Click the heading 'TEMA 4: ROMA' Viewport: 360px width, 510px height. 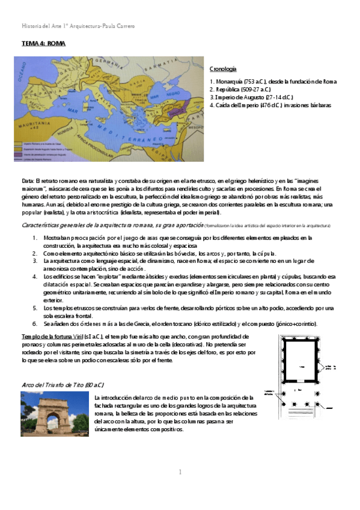tap(43, 45)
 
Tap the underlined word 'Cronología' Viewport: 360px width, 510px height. tap(222, 69)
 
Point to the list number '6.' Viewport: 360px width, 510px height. tap(35, 324)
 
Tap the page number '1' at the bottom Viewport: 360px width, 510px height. tap(180, 472)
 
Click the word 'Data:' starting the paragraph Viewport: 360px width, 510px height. tap(28, 180)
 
